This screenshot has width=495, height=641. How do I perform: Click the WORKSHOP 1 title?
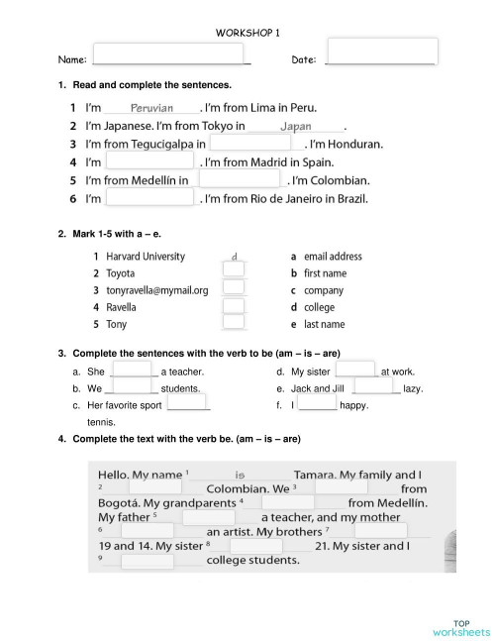pos(247,33)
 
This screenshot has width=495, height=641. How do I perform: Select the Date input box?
pos(381,52)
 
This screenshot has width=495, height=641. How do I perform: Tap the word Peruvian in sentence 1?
pos(151,108)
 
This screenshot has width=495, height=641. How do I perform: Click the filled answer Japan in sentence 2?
pos(295,126)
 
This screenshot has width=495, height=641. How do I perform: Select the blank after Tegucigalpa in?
pos(249,143)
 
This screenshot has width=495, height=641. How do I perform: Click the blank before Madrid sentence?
pos(149,161)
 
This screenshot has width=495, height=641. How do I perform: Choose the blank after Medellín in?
pos(239,179)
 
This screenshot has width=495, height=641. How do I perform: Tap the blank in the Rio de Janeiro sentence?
pos(149,198)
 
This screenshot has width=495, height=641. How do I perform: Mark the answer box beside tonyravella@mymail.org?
pos(234,288)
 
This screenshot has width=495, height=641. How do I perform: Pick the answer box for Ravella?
pos(234,305)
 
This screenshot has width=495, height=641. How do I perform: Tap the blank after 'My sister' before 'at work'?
pos(356,370)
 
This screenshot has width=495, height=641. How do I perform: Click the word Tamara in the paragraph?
pos(314,476)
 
